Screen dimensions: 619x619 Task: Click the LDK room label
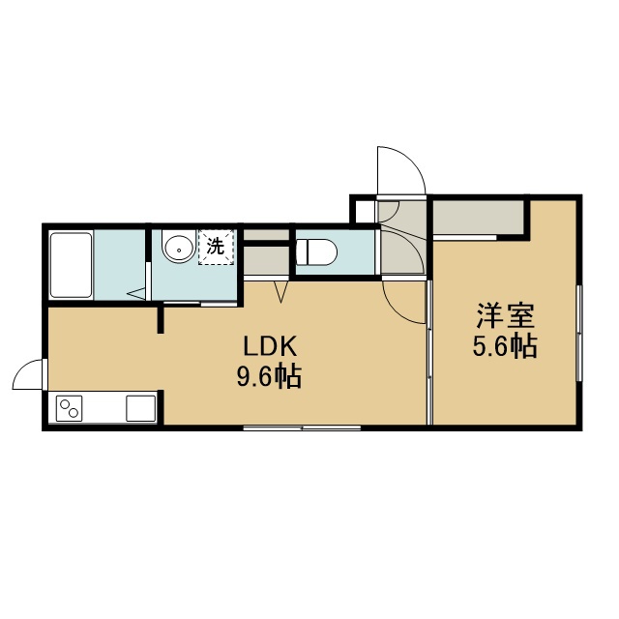point(270,346)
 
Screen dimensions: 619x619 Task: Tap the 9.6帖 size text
point(269,376)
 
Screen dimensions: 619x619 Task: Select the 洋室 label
point(505,316)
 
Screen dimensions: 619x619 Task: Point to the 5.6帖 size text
point(505,345)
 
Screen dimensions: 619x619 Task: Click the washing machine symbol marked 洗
point(217,247)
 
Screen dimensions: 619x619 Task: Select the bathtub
point(71,265)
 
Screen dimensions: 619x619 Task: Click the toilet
point(316,251)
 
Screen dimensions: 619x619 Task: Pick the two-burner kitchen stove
point(69,408)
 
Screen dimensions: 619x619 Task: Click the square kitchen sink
point(141,408)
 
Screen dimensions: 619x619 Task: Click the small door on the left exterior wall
point(28,374)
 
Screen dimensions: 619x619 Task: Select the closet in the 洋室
point(479,218)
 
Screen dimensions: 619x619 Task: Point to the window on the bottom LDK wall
point(302,427)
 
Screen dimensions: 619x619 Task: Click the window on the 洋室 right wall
point(578,333)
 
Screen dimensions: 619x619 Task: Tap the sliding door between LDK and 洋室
point(429,352)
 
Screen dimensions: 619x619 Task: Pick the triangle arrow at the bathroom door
point(136,293)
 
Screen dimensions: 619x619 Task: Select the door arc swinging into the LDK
point(404,302)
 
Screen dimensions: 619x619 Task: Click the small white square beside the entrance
point(366,212)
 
